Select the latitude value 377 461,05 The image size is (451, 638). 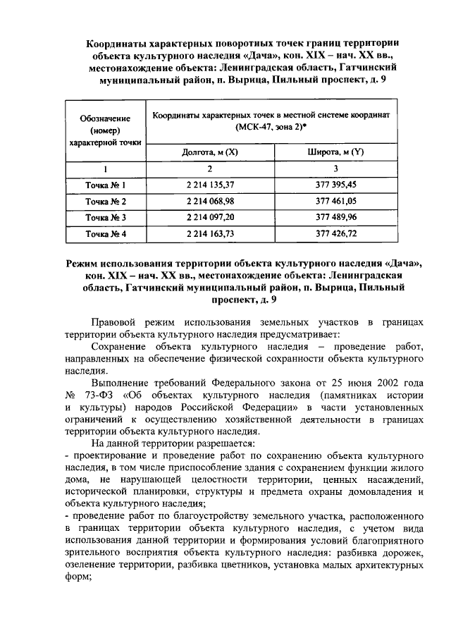coord(335,201)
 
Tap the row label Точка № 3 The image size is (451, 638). coord(105,217)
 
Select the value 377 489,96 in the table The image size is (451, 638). coord(335,217)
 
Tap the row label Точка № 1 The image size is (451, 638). coord(105,185)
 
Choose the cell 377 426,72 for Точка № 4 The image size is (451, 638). coord(335,233)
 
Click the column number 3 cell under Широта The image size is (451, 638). coord(335,169)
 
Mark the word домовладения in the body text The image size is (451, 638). coord(373,491)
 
